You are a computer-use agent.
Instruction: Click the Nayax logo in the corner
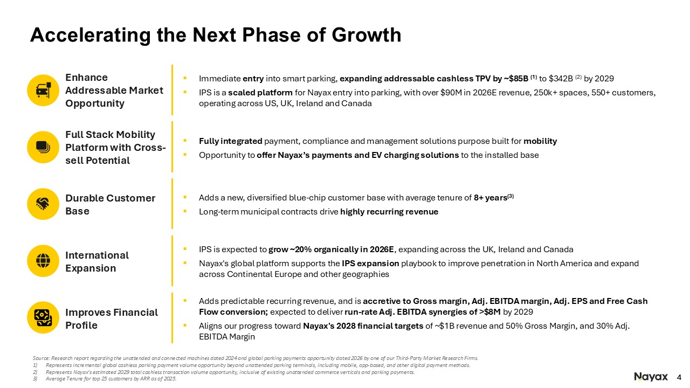(651, 377)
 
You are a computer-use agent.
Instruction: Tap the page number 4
(679, 377)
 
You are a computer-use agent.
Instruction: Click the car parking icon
(43, 90)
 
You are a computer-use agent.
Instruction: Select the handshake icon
(43, 204)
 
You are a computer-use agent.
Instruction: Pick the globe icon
(43, 261)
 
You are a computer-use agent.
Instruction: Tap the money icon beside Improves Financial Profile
(43, 317)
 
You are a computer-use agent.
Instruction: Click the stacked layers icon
(43, 147)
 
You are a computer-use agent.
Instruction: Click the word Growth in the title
(367, 35)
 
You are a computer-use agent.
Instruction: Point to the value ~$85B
(516, 79)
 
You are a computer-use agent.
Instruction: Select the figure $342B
(561, 79)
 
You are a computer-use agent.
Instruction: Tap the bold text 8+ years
(491, 198)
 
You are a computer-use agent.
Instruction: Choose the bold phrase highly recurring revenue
(389, 212)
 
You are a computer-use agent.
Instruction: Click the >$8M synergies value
(490, 312)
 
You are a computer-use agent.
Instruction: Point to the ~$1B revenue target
(445, 326)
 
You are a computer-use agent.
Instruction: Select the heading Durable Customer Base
(111, 204)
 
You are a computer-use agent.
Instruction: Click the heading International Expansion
(97, 262)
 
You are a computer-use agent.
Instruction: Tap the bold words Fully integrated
(230, 141)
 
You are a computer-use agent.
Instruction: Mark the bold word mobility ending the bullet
(540, 141)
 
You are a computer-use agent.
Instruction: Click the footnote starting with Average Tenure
(111, 379)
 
